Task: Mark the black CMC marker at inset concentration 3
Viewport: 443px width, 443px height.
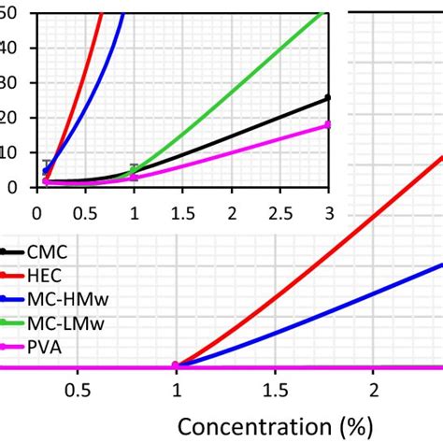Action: pyautogui.click(x=328, y=97)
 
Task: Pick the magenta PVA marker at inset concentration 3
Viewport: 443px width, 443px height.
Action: pyautogui.click(x=328, y=124)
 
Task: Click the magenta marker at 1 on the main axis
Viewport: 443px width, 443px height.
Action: pyautogui.click(x=175, y=366)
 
